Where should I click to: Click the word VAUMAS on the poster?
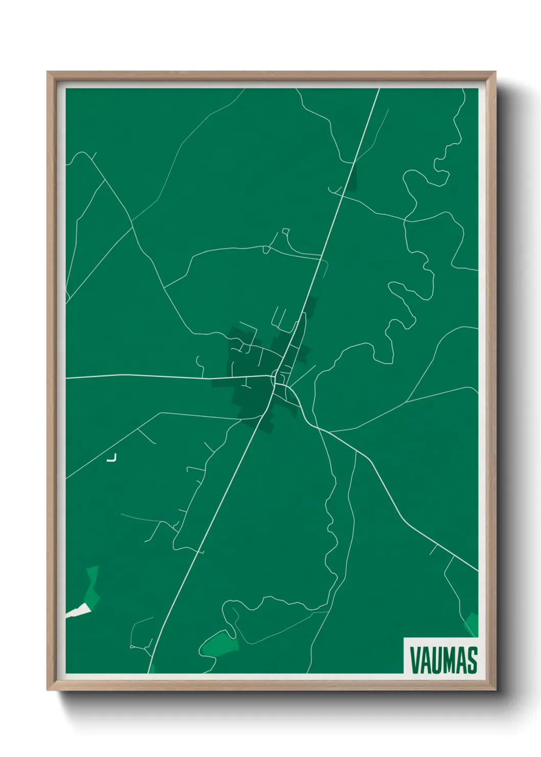443,660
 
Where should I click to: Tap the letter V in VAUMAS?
415,660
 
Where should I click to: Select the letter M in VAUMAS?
452,660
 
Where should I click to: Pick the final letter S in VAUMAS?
472,660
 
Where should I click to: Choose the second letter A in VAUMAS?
462,660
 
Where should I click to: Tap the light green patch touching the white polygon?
92,586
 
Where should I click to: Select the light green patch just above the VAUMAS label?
472,624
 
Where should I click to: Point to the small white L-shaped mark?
112,458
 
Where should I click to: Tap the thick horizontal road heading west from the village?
153,376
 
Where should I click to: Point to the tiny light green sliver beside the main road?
152,669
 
